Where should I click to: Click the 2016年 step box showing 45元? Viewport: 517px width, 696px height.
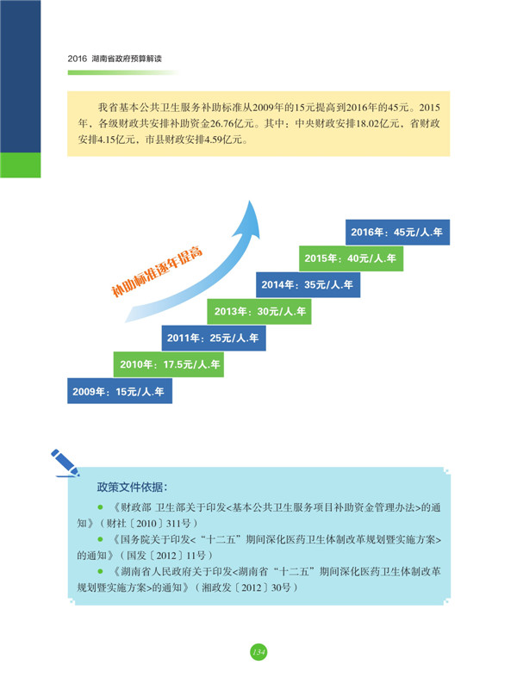click(x=397, y=233)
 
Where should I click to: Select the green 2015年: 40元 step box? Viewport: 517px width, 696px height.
click(x=351, y=258)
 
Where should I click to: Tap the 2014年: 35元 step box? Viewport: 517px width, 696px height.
click(x=308, y=284)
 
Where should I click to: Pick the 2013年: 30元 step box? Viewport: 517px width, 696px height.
click(x=259, y=311)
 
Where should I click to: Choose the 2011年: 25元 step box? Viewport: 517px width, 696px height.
click(x=214, y=338)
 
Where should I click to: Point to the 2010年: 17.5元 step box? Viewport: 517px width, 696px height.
click(x=169, y=364)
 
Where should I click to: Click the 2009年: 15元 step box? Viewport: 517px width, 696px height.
click(x=120, y=391)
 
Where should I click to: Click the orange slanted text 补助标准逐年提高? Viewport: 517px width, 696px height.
click(x=157, y=270)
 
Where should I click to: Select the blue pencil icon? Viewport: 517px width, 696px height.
click(x=65, y=463)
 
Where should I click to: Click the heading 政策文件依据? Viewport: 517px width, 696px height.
click(x=132, y=487)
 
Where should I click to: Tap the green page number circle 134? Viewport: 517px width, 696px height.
click(x=258, y=651)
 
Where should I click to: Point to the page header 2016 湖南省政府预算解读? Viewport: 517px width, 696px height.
click(x=115, y=59)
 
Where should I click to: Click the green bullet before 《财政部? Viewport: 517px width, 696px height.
click(x=100, y=506)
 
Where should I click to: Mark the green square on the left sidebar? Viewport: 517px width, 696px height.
click(x=21, y=165)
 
